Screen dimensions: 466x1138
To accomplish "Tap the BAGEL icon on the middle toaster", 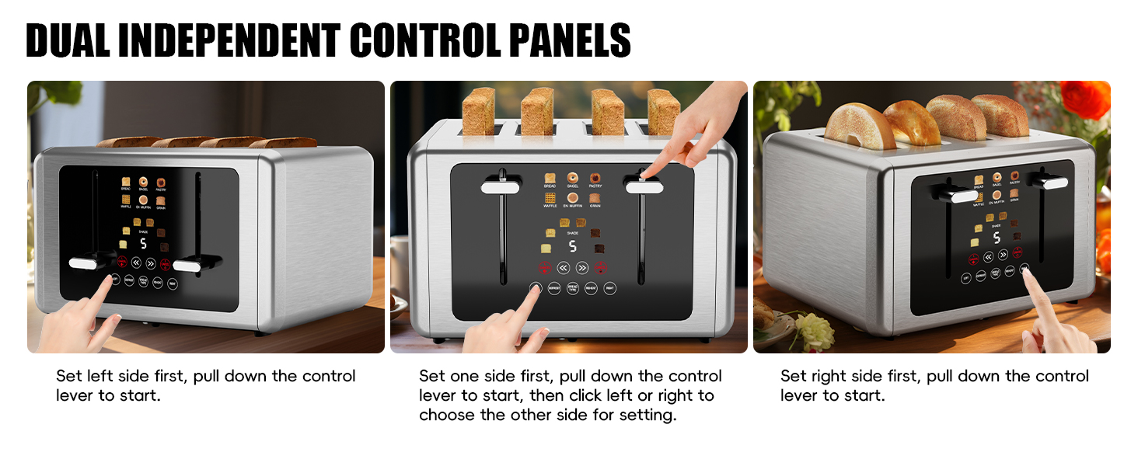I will point(572,179).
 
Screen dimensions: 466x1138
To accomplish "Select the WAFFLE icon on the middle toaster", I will point(550,199).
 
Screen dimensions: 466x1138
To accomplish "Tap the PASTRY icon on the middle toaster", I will point(595,179).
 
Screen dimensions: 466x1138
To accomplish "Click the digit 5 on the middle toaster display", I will point(572,246).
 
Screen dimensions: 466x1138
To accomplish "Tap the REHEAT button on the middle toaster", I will point(592,288).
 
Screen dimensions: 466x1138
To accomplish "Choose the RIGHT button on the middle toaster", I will point(610,288).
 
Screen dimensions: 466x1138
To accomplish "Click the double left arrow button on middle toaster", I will point(564,268).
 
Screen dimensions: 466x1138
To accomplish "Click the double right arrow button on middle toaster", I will point(582,268).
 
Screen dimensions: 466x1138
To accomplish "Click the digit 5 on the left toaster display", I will point(143,243).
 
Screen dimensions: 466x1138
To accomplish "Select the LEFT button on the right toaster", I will point(965,277).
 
